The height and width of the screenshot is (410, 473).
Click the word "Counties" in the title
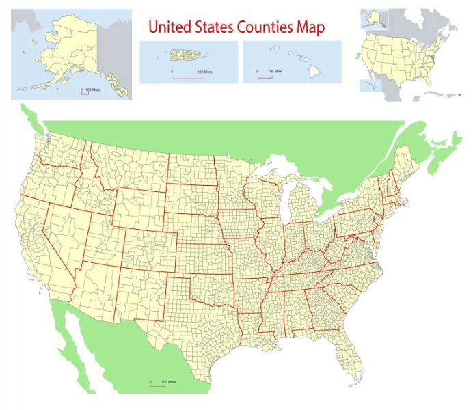point(264,27)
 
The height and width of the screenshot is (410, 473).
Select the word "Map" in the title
point(311,27)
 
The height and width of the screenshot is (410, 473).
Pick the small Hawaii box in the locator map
point(370,86)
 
